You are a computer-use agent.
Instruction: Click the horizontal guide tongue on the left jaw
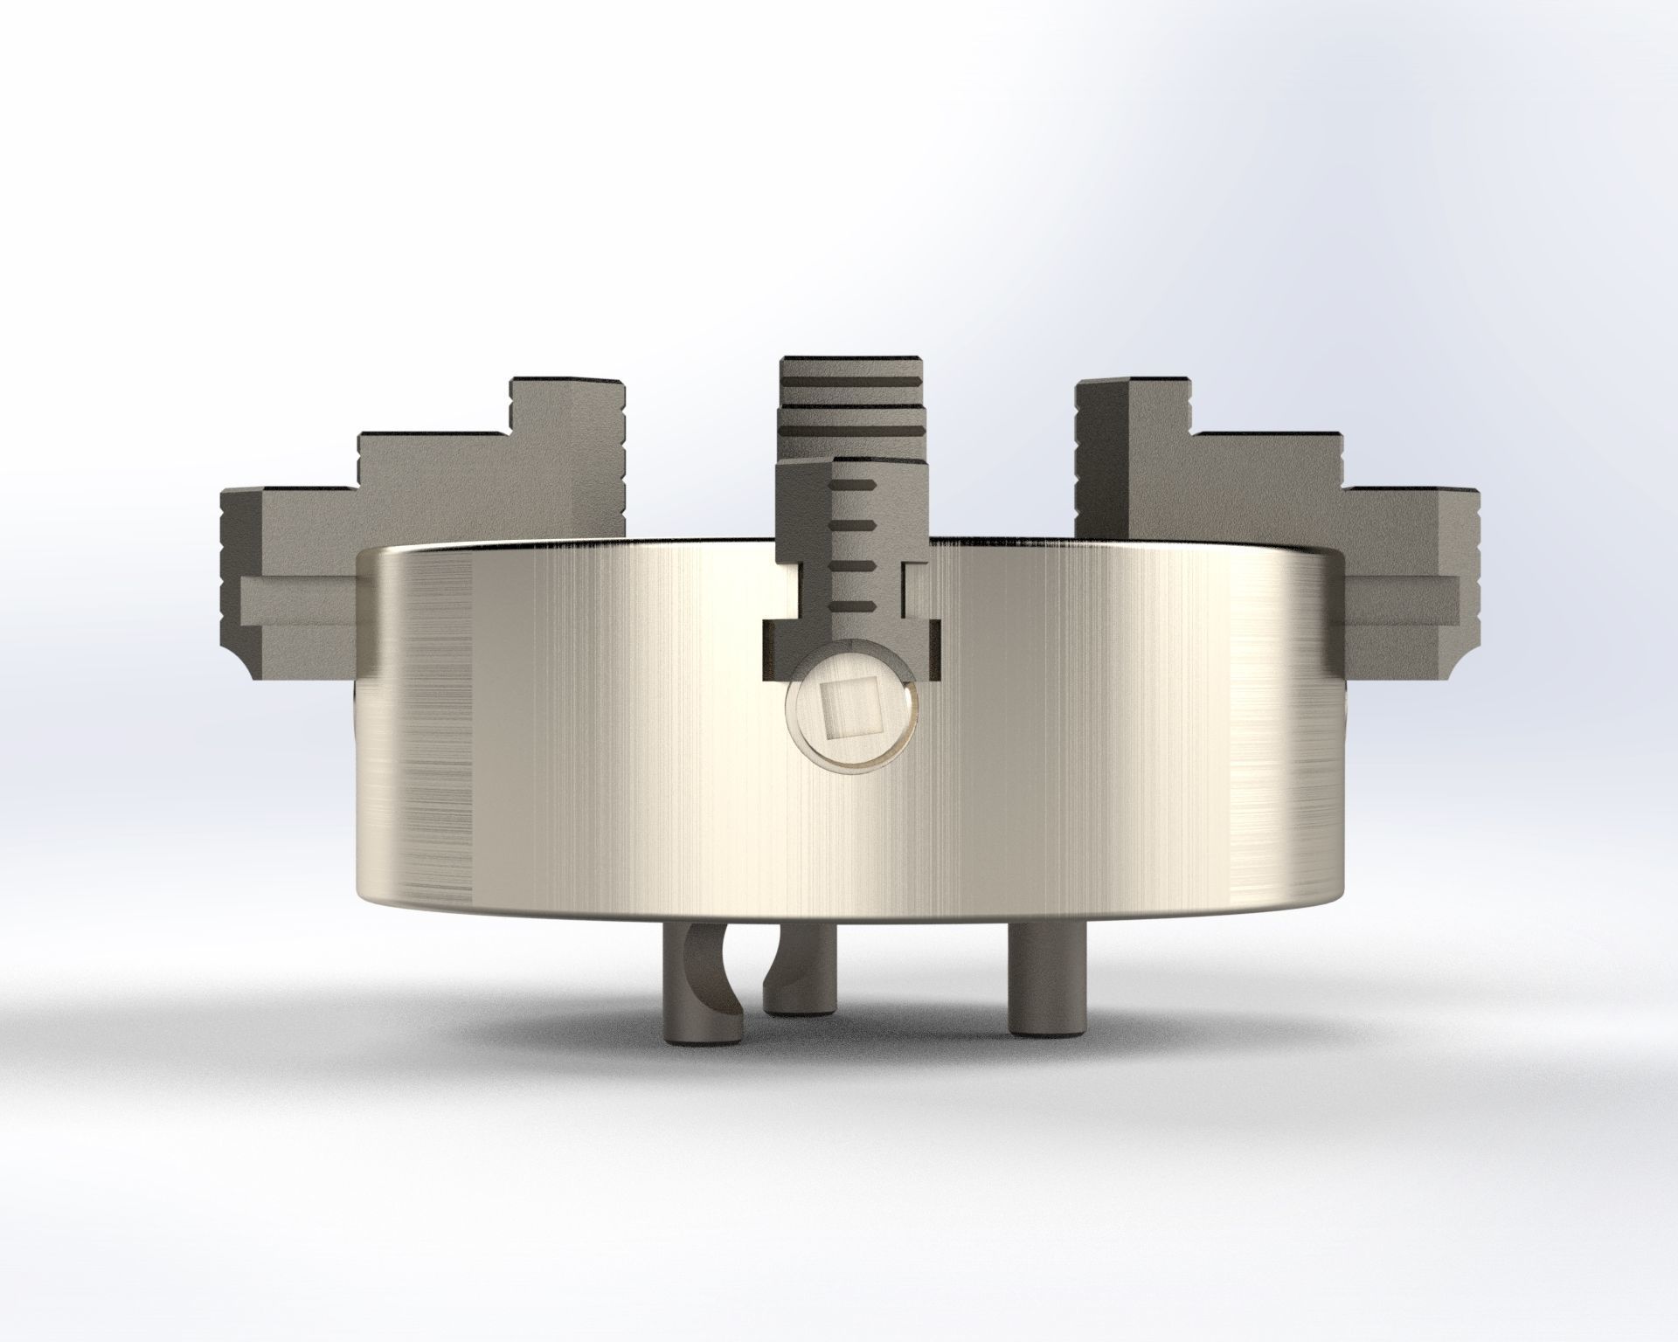click(297, 602)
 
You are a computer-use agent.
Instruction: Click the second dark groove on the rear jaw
click(852, 435)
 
